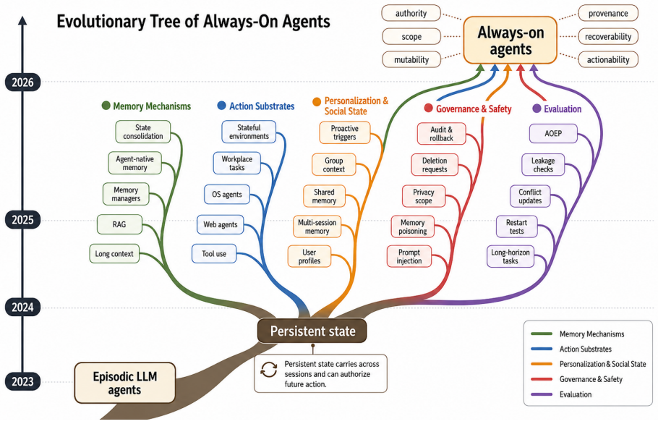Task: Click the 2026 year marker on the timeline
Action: (22, 82)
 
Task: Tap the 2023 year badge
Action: (22, 381)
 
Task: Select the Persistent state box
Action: (312, 331)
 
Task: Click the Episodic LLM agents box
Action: (124, 383)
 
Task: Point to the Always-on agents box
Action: (510, 41)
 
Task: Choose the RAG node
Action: (119, 224)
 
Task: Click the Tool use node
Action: (214, 253)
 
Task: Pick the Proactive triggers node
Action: (344, 132)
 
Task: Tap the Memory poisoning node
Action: (412, 226)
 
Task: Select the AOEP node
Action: (553, 134)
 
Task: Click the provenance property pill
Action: (608, 14)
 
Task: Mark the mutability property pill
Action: (411, 59)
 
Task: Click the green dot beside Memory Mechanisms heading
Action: (106, 106)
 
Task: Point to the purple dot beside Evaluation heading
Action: (537, 109)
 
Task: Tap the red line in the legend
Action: (542, 379)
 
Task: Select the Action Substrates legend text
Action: (586, 349)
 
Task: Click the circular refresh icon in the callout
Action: (269, 370)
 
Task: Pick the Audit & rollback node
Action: (442, 134)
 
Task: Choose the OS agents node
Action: (227, 195)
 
